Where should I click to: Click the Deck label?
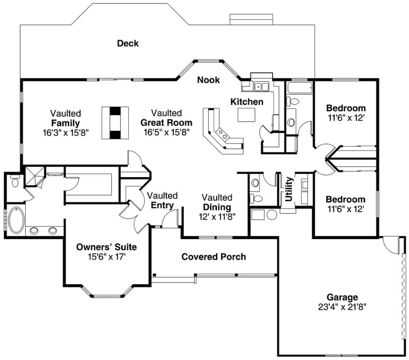point(128,43)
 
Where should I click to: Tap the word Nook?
point(208,80)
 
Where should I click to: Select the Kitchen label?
point(247,101)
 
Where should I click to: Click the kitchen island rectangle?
point(246,115)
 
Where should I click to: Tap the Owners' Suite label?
point(107,247)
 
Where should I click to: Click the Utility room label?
point(289,189)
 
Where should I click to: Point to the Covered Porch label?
point(213,257)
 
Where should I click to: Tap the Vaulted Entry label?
point(162,201)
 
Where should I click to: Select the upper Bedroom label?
point(346,108)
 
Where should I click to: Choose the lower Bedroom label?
point(346,199)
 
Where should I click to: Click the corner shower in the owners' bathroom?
point(34,176)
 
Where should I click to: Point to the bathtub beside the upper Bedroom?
point(299,87)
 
